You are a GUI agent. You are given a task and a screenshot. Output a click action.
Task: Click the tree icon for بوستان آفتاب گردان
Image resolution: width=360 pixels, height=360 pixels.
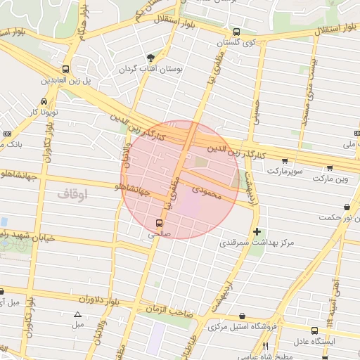point(150,58)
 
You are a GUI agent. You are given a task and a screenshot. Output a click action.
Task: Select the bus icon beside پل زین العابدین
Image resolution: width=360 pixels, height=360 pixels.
point(65,69)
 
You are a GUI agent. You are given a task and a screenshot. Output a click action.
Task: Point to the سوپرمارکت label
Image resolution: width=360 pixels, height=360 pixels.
point(283,171)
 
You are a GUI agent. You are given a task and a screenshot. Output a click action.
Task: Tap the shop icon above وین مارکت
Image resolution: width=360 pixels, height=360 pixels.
point(330,168)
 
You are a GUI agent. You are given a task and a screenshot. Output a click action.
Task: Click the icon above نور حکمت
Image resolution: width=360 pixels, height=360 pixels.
point(347,207)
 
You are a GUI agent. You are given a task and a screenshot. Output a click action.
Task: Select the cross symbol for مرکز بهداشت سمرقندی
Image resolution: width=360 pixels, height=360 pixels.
point(257,231)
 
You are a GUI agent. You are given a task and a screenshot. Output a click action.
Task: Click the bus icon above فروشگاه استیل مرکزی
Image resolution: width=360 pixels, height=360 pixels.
point(243,316)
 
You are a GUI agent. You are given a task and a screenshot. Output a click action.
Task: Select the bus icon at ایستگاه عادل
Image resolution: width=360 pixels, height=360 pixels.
point(314,330)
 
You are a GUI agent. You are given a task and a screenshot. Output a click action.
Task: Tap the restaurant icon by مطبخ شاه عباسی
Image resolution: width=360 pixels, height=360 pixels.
point(265,347)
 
